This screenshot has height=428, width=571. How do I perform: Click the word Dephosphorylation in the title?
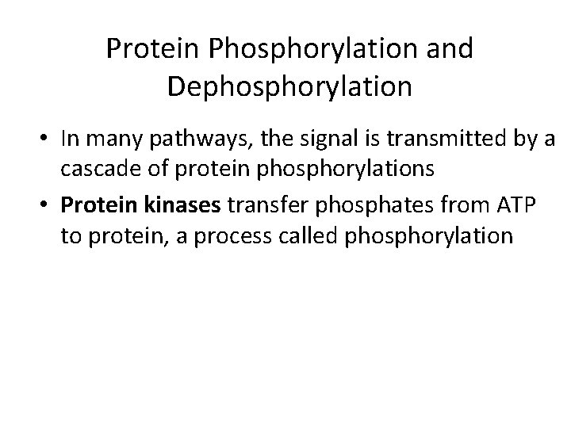pos(289,86)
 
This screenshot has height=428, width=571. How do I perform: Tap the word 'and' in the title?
pos(448,49)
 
